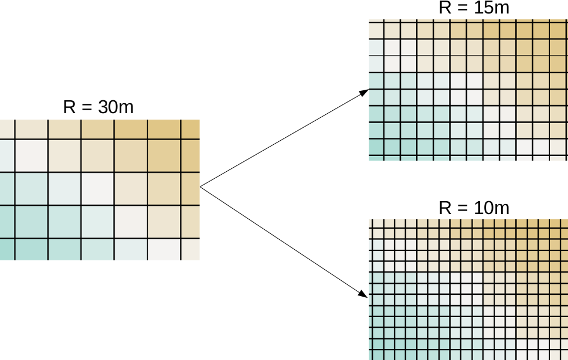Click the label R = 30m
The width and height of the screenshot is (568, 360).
pyautogui.click(x=98, y=107)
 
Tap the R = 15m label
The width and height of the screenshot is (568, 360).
pyautogui.click(x=474, y=8)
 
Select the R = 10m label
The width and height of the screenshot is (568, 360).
pyautogui.click(x=474, y=208)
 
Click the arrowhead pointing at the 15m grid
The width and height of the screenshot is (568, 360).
pyautogui.click(x=365, y=92)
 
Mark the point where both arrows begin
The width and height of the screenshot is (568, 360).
pyautogui.click(x=200, y=187)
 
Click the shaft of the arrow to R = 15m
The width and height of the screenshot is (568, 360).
pyautogui.click(x=281, y=140)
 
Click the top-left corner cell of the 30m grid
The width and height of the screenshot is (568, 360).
pyautogui.click(x=6, y=128)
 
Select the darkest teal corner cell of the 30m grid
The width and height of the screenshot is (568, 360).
pyautogui.click(x=6, y=250)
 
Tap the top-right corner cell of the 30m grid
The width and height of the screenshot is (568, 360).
pyautogui.click(x=191, y=128)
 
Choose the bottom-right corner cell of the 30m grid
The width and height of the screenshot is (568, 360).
pyautogui.click(x=191, y=250)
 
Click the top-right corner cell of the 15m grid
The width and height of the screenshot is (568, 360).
pyautogui.click(x=559, y=29)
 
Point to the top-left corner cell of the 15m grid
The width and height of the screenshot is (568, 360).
pyautogui.click(x=375, y=29)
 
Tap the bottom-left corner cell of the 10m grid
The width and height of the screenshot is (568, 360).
pyautogui.click(x=375, y=354)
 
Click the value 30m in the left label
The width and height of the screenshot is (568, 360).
pyautogui.click(x=115, y=107)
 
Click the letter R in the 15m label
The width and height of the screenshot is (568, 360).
pyautogui.click(x=445, y=8)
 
